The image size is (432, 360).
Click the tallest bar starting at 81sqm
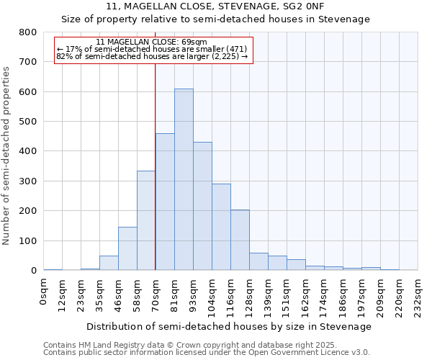[x=184, y=179]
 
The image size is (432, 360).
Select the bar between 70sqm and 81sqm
[x=165, y=202]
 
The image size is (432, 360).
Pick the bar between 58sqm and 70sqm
[x=146, y=220]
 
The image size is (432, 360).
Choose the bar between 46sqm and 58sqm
[x=127, y=248]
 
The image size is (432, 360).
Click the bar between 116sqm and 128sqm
[x=240, y=240]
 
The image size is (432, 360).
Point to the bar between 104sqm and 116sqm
[x=221, y=227]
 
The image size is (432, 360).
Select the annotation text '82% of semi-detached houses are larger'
[x=152, y=56]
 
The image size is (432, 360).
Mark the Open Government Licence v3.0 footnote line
[x=207, y=353]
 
